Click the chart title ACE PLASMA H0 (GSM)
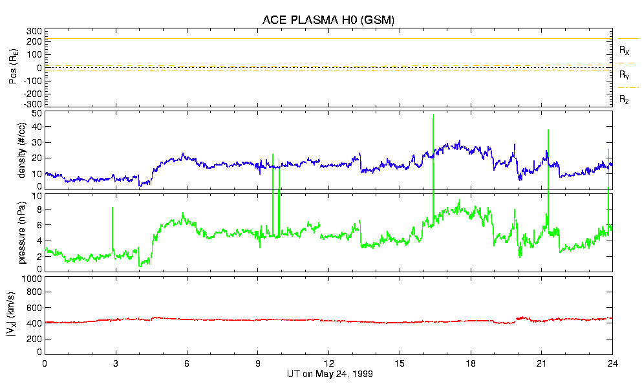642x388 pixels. point(328,20)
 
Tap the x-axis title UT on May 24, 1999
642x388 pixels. point(328,374)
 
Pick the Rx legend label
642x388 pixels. point(625,50)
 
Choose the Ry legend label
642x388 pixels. point(625,75)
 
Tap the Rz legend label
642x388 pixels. point(625,100)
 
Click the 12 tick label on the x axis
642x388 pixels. point(328,363)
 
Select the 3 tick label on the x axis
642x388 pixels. point(116,363)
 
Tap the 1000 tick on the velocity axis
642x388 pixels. point(31,279)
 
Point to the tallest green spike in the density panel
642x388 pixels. point(433,116)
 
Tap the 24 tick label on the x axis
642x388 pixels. point(612,363)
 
